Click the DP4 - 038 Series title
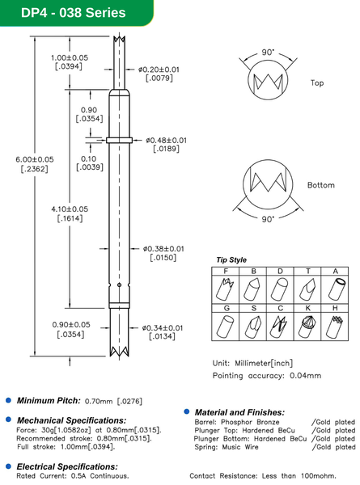[x=64, y=13]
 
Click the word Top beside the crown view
[x=317, y=82]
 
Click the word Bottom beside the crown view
[x=320, y=185]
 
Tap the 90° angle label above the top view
[x=268, y=52]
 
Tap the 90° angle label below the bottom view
[x=268, y=218]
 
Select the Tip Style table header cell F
[x=226, y=270]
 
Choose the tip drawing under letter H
[x=335, y=326]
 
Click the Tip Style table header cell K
[x=308, y=308]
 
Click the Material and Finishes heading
[x=239, y=412]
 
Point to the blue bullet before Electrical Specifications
[x=9, y=466]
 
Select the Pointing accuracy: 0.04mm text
[x=267, y=376]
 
